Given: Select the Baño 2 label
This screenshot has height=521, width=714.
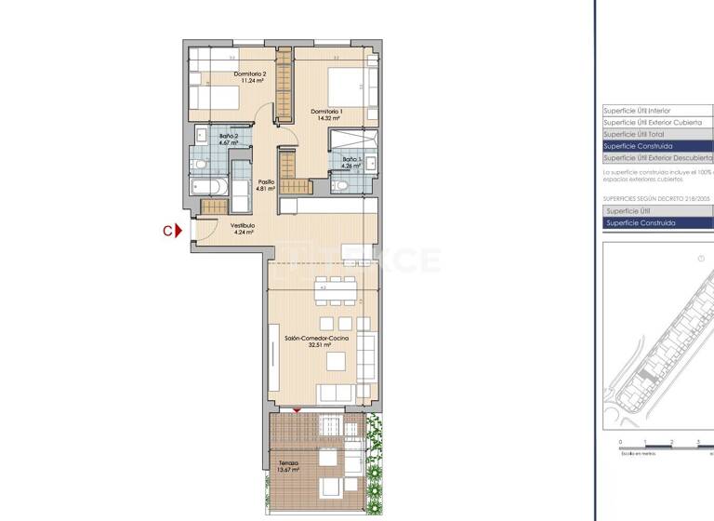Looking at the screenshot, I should [230, 137].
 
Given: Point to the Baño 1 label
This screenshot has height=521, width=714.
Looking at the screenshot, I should [350, 159].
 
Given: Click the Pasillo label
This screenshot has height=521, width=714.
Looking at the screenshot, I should [266, 182].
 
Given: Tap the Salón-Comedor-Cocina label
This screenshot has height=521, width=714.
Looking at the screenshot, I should [317, 339].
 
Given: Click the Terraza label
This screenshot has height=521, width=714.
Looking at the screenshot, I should [288, 463].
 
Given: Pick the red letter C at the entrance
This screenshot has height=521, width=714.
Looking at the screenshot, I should [167, 232].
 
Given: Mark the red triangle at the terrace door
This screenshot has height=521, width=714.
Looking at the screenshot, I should [297, 410].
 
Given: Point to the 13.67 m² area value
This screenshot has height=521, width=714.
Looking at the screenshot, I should [288, 470].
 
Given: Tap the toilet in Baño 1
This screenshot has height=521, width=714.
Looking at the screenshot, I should [340, 185].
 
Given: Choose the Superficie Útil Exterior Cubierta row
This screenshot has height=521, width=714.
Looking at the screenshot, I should [651, 122].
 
